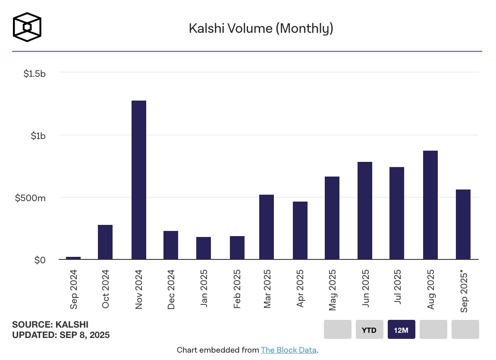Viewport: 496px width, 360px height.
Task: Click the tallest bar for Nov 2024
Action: tap(139, 180)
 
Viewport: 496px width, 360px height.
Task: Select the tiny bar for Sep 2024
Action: tap(73, 258)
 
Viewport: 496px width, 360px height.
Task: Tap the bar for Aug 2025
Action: tap(430, 205)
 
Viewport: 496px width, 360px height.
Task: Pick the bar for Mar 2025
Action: tap(267, 227)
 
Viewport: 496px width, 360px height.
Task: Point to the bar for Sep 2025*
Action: tap(463, 224)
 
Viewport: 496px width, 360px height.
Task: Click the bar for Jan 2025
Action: tap(204, 248)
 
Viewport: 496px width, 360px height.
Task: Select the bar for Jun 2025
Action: tap(365, 211)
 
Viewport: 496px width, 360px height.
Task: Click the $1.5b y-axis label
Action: tap(35, 73)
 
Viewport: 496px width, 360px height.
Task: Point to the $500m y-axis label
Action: tap(30, 198)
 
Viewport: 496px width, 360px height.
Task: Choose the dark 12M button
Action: tap(401, 330)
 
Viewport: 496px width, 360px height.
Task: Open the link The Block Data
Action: tap(289, 350)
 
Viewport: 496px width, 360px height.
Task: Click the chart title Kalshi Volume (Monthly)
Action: tap(261, 28)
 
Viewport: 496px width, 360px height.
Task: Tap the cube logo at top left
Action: tap(27, 27)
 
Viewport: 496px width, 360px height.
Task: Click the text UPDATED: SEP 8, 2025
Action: tap(61, 335)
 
